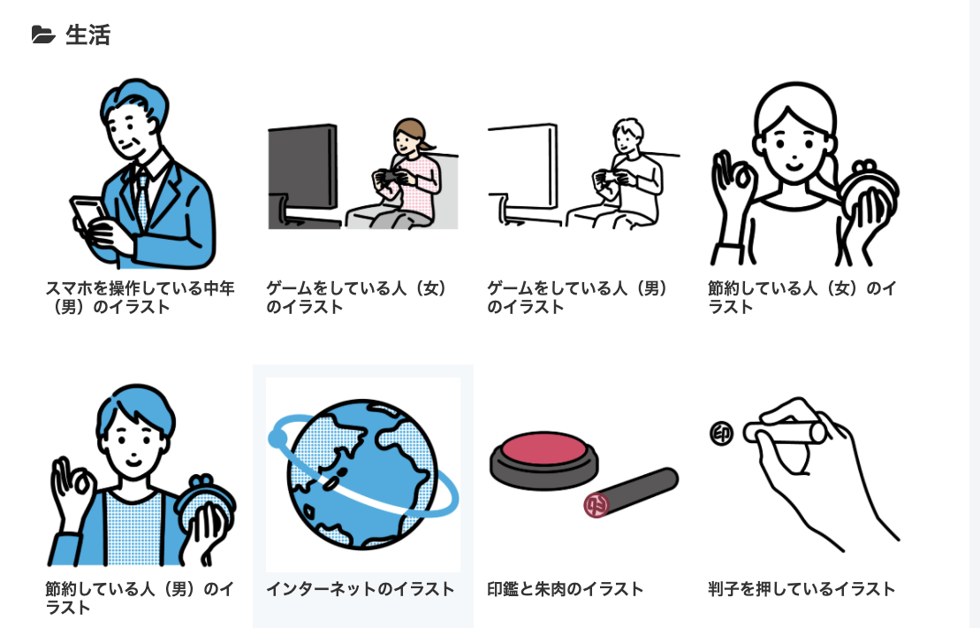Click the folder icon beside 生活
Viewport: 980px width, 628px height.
pyautogui.click(x=42, y=35)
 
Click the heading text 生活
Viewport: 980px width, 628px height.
pyautogui.click(x=87, y=35)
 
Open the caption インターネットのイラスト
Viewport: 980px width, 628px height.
pyautogui.click(x=361, y=589)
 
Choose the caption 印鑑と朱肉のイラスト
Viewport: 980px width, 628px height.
pyautogui.click(x=566, y=589)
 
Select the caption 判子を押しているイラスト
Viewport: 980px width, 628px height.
pyautogui.click(x=801, y=589)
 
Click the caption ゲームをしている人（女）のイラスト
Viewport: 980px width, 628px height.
pyautogui.click(x=357, y=298)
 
